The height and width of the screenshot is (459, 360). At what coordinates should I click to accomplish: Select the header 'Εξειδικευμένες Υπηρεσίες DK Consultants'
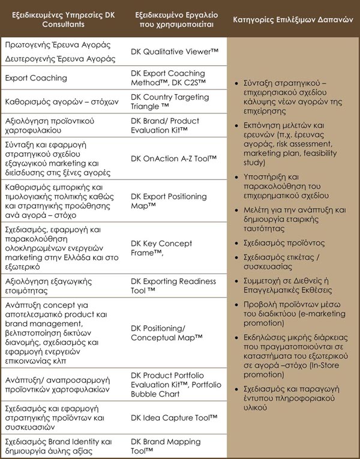[64, 20]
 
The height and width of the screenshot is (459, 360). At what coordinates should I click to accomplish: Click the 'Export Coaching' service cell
[36, 78]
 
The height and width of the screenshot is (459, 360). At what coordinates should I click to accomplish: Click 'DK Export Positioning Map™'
[170, 201]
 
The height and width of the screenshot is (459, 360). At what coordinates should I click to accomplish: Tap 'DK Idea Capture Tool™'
[174, 417]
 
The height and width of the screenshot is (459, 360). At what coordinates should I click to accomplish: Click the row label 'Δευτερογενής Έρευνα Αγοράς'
[60, 59]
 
